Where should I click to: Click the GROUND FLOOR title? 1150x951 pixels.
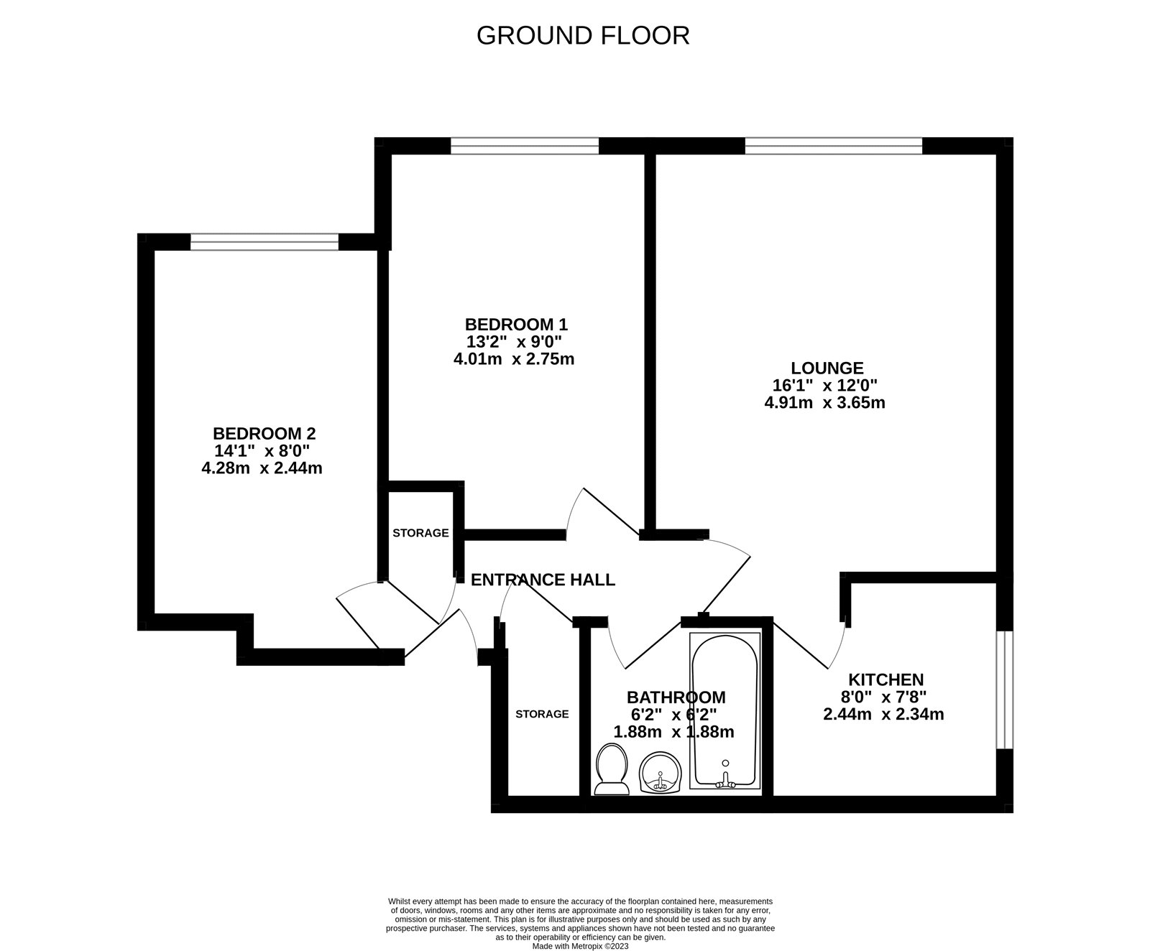[582, 35]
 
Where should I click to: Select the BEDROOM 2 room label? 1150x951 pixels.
[264, 434]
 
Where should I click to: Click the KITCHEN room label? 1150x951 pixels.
[885, 679]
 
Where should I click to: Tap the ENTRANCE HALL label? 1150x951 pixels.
[543, 580]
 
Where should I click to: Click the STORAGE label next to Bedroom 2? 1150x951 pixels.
[420, 533]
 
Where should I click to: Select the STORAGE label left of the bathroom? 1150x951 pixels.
[542, 714]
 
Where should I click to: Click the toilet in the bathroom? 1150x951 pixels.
[612, 771]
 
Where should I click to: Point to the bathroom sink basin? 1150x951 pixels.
[660, 773]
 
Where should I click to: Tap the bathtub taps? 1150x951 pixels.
[724, 781]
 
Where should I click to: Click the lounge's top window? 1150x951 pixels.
[833, 147]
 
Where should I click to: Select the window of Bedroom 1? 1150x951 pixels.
[525, 147]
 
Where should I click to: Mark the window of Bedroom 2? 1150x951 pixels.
[264, 242]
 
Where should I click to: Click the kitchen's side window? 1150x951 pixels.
[1004, 690]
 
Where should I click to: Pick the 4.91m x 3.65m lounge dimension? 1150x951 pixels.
[824, 403]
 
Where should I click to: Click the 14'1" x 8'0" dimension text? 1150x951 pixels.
[262, 451]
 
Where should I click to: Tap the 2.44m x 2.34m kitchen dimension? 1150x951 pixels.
[883, 715]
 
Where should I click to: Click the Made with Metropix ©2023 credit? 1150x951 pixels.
[580, 947]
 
